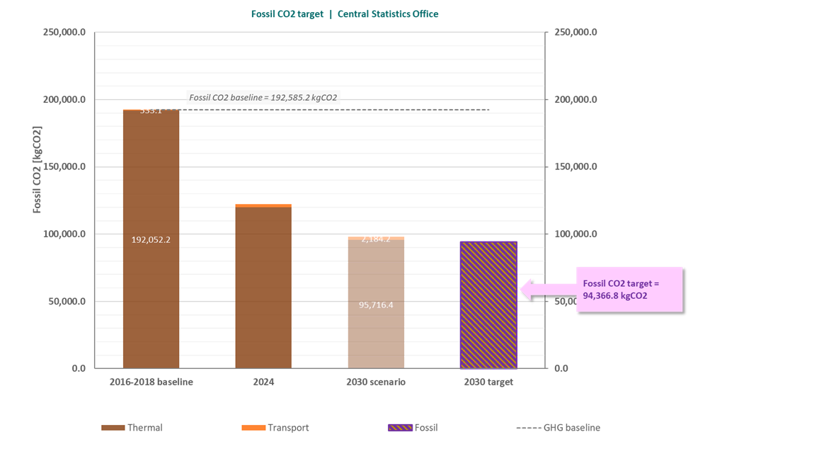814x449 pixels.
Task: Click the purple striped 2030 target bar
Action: (488, 305)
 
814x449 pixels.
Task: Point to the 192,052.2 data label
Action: (151, 239)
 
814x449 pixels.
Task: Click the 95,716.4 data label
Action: (376, 305)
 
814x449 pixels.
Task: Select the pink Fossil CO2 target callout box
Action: (629, 290)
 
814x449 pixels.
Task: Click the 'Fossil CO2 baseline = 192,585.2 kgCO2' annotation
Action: (268, 98)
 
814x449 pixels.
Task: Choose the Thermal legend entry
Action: (132, 428)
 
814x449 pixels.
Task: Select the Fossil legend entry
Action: (413, 428)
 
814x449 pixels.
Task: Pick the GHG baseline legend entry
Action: (558, 428)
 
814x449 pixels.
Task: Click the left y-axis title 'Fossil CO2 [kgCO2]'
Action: (37, 170)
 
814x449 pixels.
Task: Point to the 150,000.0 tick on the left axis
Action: (64, 166)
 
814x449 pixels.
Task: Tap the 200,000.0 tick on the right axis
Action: (576, 99)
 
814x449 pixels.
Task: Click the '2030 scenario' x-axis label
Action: (376, 382)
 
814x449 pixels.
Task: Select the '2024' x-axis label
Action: (263, 382)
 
